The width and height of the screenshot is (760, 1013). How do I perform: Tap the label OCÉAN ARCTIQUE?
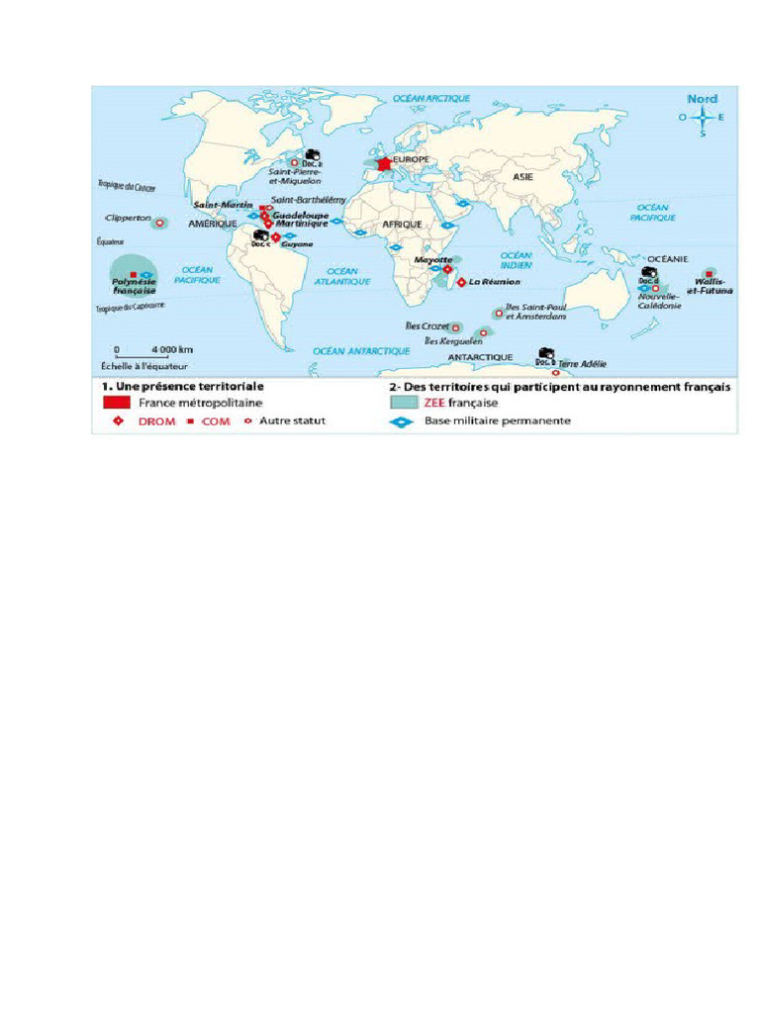click(x=431, y=99)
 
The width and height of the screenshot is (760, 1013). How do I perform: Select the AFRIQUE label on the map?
click(x=403, y=225)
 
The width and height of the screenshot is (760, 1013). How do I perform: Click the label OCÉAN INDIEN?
click(x=515, y=260)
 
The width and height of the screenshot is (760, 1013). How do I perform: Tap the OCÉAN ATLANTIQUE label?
click(x=342, y=276)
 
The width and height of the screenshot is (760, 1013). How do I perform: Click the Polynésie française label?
click(x=128, y=287)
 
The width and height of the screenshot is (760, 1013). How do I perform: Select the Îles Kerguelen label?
click(x=453, y=340)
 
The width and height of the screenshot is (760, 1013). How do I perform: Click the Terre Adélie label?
click(x=583, y=364)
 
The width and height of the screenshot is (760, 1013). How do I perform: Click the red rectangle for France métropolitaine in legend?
click(x=116, y=404)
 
